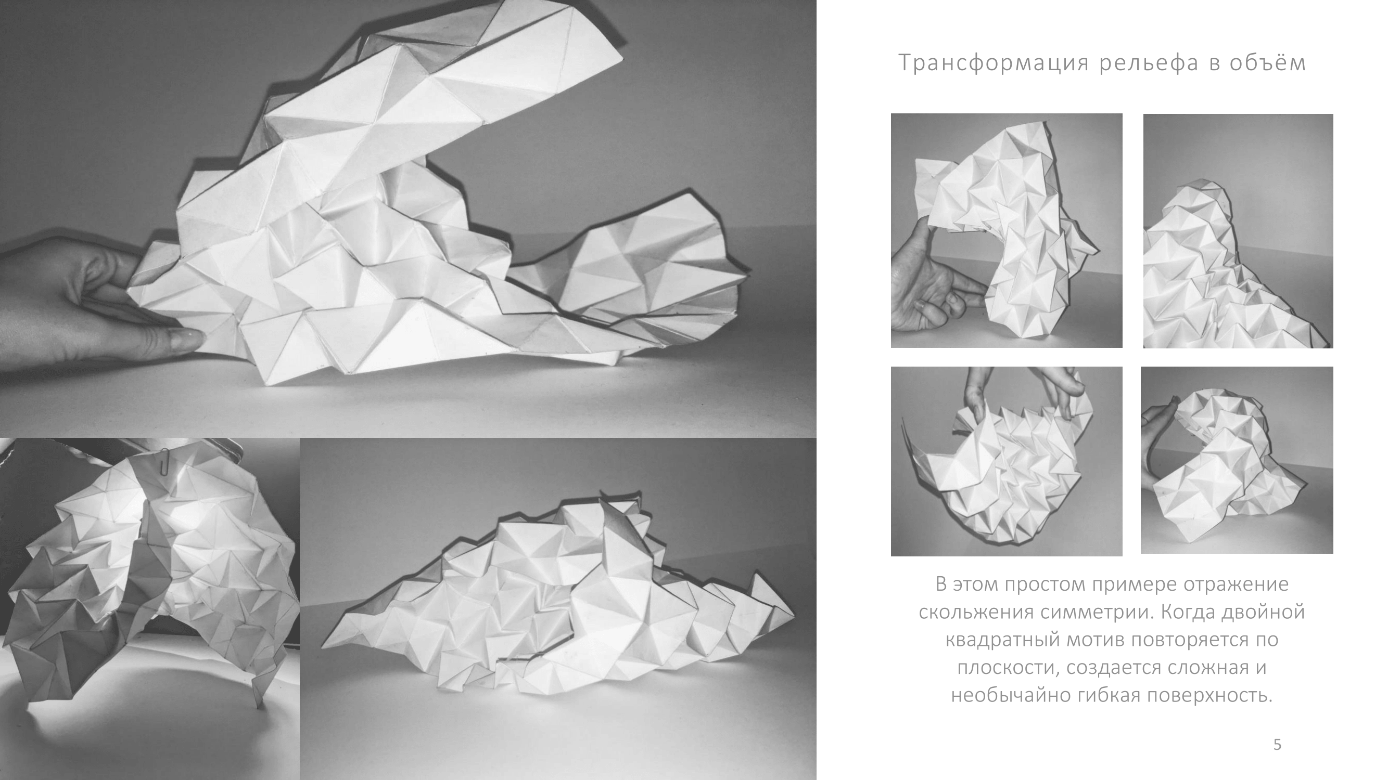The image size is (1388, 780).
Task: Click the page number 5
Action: [x=1278, y=745]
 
